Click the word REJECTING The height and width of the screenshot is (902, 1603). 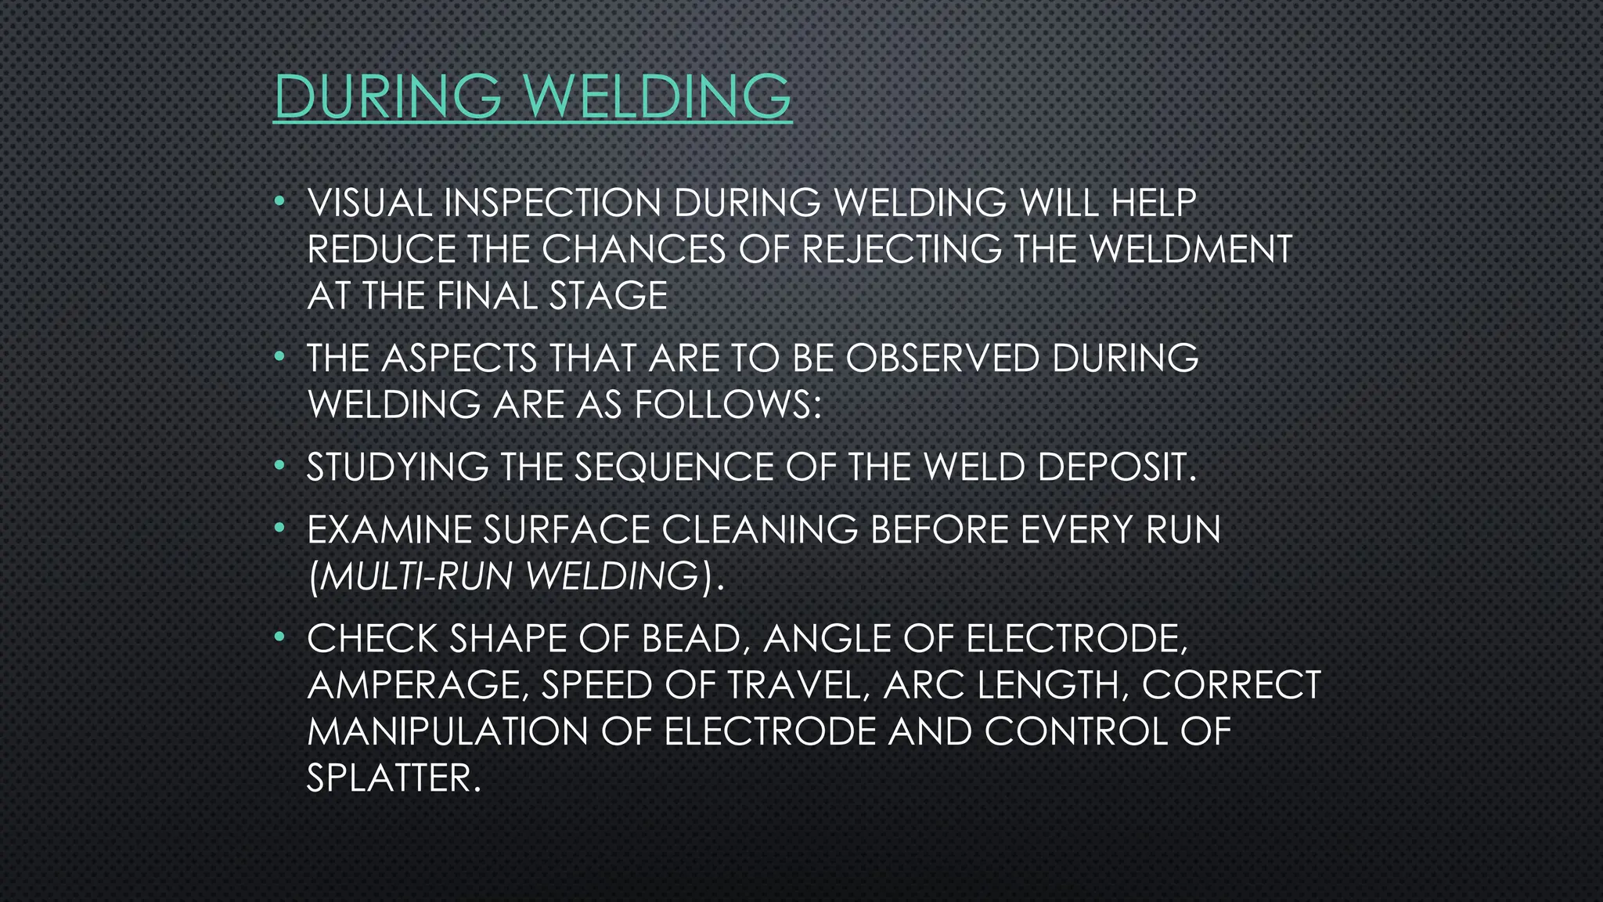(x=902, y=250)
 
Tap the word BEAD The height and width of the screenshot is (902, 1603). (x=690, y=639)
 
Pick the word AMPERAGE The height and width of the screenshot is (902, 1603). (x=413, y=685)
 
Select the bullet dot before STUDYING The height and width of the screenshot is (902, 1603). (x=279, y=467)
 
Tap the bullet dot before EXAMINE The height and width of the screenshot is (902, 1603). (x=279, y=530)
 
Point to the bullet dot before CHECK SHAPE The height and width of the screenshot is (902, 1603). (x=279, y=639)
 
